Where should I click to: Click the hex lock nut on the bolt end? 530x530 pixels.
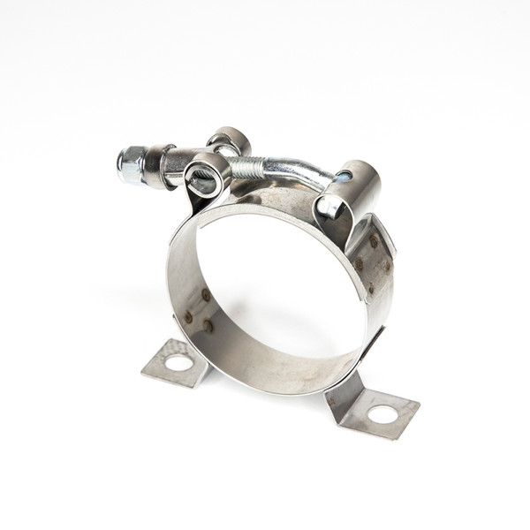pyautogui.click(x=130, y=165)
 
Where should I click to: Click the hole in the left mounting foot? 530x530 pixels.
pyautogui.click(x=178, y=362)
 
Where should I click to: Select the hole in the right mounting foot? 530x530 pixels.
pyautogui.click(x=382, y=413)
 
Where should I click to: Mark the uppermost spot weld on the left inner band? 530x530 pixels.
pyautogui.click(x=206, y=295)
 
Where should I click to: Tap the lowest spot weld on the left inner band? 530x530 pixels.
pyautogui.click(x=208, y=325)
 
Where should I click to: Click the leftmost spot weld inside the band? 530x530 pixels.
pyautogui.click(x=188, y=314)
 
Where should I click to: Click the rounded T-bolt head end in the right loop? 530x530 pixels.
pyautogui.click(x=328, y=207)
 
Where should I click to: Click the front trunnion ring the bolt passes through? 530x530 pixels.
pyautogui.click(x=206, y=174)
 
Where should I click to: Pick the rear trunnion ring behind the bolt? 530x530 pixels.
pyautogui.click(x=230, y=140)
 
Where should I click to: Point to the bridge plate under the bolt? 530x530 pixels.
pyautogui.click(x=265, y=199)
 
